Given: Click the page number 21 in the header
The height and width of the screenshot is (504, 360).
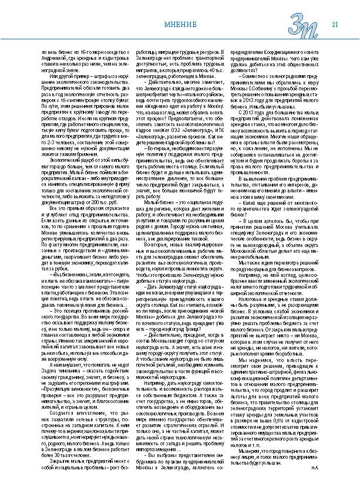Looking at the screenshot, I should [x=335, y=24].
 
